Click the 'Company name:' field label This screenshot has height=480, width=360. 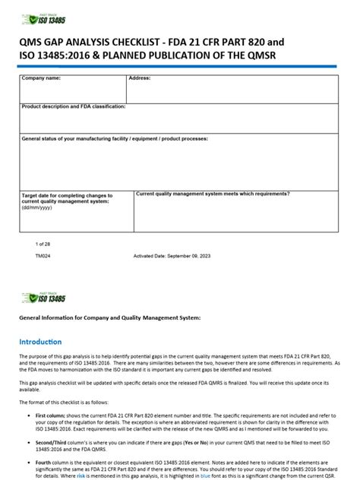pos(41,79)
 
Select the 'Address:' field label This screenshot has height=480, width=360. pos(139,79)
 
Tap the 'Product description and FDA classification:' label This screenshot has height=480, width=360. pos(74,107)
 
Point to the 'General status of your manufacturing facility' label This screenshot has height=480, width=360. pos(115,139)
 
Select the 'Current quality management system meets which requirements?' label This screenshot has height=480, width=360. pos(212,194)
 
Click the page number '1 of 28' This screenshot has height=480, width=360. pos(43,244)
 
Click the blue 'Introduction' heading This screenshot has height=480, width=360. pos(41,341)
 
